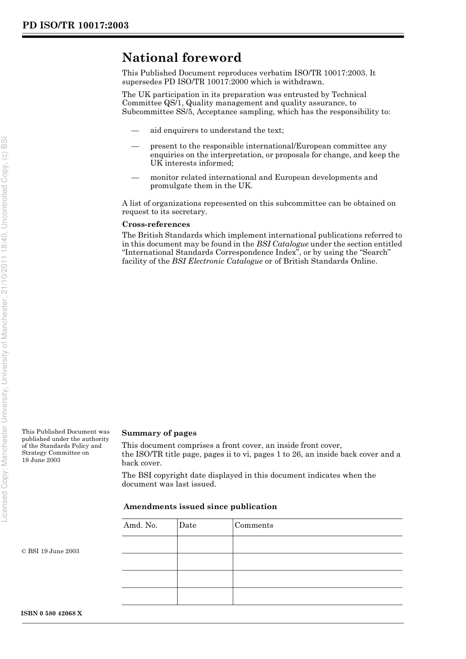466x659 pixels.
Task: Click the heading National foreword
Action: tap(181, 58)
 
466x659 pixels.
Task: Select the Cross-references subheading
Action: tap(156, 224)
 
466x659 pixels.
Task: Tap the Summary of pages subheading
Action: tap(159, 433)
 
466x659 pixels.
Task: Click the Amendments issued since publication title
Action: tap(200, 507)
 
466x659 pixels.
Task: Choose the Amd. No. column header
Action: tap(140, 525)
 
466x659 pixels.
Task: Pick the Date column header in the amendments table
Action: tap(187, 525)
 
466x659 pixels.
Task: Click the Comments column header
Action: tap(254, 525)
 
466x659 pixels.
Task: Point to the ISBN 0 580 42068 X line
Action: tap(52, 613)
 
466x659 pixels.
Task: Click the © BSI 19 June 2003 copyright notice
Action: tap(51, 551)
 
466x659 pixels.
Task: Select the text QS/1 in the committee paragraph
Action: tap(174, 103)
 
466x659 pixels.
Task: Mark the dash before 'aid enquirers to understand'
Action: tap(135, 130)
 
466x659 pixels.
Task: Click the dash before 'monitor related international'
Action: tap(135, 177)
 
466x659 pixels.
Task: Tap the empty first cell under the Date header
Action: tap(205, 544)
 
